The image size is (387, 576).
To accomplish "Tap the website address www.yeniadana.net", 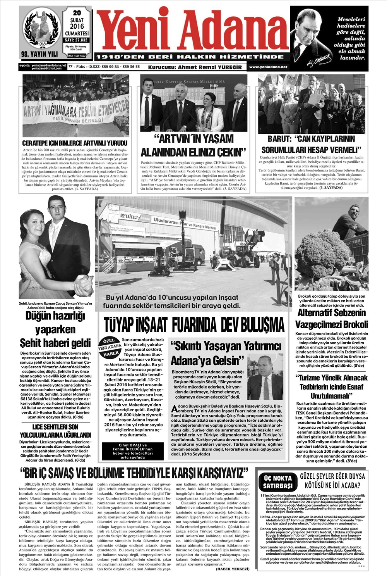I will pos(268,67).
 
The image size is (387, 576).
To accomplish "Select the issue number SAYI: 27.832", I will pos(77,40).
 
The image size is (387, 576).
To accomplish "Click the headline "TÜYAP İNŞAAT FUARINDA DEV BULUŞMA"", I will pos(194,324).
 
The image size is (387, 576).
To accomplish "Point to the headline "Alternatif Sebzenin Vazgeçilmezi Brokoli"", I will pos(332,318).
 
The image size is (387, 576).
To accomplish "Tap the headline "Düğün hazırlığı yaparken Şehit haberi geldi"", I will pos(55,329).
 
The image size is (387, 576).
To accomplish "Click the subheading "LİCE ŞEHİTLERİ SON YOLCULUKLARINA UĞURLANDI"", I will pos(55,431).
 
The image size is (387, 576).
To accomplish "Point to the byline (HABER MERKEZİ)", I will pos(232,569).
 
